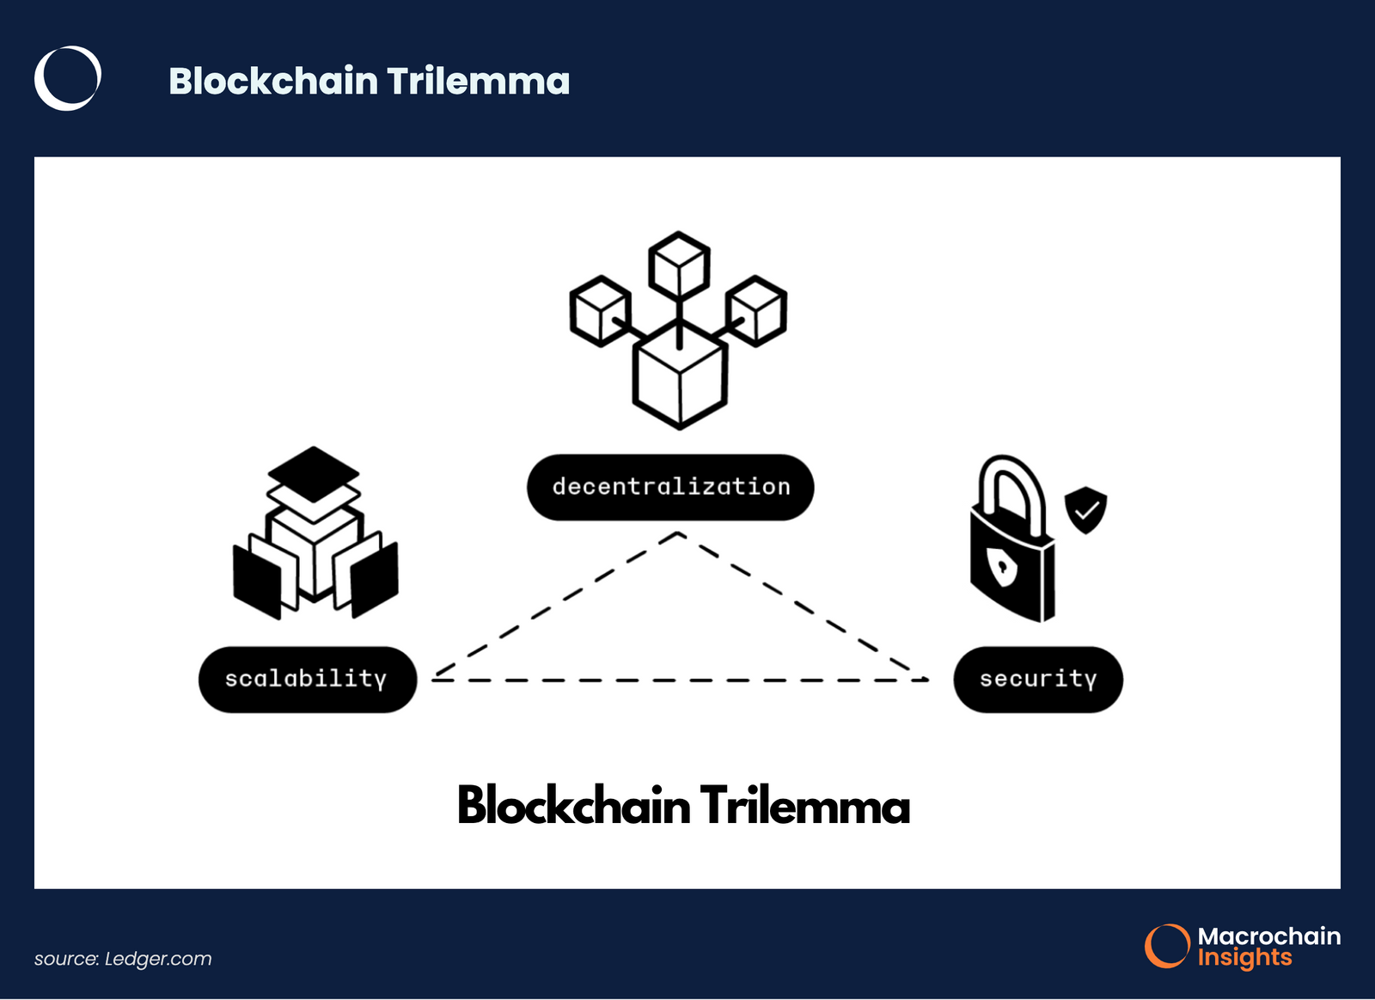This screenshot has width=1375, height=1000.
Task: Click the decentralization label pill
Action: [x=670, y=487]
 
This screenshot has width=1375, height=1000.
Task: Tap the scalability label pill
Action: [x=307, y=680]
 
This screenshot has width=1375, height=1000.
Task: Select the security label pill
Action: [x=1038, y=680]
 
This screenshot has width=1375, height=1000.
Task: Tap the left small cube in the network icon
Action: [x=600, y=310]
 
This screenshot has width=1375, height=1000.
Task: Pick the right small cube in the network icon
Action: [x=756, y=310]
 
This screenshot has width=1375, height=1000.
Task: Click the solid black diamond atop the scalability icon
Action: [x=314, y=473]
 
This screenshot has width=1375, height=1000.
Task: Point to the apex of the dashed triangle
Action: [x=679, y=534]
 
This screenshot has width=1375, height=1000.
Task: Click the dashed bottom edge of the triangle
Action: [x=679, y=680]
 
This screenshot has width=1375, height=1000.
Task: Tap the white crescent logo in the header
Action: [x=67, y=78]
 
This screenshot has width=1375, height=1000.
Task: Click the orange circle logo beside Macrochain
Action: [x=1166, y=946]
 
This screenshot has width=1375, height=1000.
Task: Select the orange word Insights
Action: [x=1244, y=958]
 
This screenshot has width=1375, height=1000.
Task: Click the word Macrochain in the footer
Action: [x=1268, y=936]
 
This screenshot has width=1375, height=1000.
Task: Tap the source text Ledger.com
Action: [x=158, y=959]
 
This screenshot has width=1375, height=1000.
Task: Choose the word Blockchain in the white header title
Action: [x=273, y=82]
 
